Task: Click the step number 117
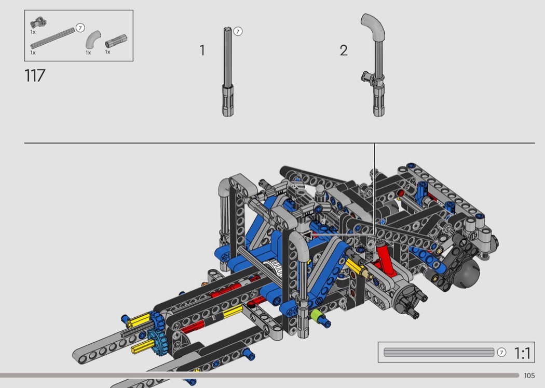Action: point(35,75)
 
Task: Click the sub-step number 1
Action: point(202,50)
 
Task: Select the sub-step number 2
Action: point(344,50)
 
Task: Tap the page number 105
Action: point(529,376)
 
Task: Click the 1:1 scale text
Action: point(522,353)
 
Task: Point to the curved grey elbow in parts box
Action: point(93,40)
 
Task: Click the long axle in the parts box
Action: point(53,38)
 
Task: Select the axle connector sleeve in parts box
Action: point(116,41)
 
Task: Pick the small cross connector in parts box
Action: point(38,23)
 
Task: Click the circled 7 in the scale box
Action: point(501,352)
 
